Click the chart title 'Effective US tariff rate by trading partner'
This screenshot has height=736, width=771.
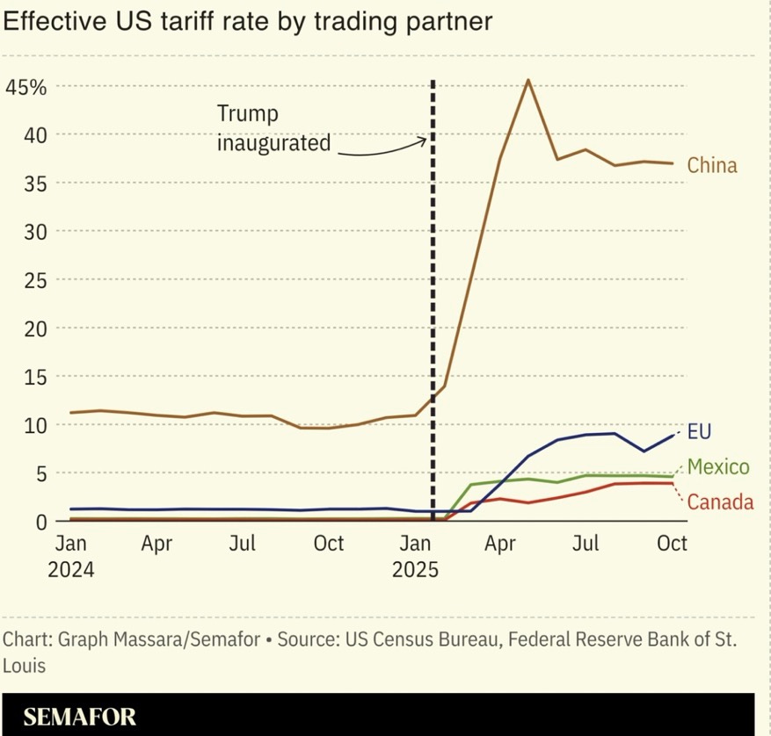tap(247, 22)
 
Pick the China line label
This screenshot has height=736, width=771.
tap(712, 165)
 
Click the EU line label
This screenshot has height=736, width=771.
tap(699, 431)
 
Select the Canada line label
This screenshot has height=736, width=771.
tap(720, 502)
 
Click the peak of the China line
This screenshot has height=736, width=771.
tap(527, 80)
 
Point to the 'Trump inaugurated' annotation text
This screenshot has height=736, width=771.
tap(273, 128)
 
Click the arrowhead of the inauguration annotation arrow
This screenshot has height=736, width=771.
tap(426, 141)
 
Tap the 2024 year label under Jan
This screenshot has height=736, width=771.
tap(71, 568)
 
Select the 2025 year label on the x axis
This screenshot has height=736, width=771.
tap(415, 568)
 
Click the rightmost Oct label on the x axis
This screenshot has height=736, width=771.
tap(673, 544)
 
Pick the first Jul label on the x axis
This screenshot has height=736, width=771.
tap(242, 544)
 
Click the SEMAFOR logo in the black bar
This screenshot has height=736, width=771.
tap(80, 716)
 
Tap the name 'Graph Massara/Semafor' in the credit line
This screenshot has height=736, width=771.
tap(158, 639)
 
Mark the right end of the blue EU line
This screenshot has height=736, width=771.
tap(674, 434)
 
